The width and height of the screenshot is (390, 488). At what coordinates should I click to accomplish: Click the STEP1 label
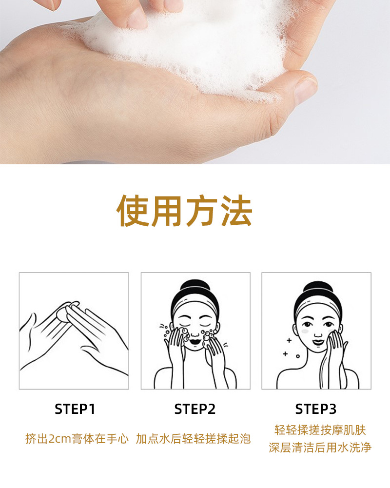pos(75,409)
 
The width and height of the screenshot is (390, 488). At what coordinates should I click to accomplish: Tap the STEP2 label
pos(195,409)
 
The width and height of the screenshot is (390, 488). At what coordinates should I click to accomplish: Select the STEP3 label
pos(315,409)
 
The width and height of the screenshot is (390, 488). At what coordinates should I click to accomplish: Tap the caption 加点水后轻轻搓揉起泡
pos(193,439)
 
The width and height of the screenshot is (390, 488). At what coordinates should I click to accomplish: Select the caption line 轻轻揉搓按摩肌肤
pos(320,430)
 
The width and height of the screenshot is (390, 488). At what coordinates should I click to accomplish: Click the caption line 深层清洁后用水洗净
pos(320,448)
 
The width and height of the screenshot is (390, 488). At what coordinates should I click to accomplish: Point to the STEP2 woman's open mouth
pos(195,341)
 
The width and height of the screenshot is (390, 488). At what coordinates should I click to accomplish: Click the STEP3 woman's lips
pos(318,342)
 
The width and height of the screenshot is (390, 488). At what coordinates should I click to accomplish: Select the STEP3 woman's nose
pos(318,333)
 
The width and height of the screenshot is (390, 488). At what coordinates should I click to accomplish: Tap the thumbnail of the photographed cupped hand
pos(306,90)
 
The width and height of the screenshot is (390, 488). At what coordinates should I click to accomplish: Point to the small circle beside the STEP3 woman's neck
pos(298,356)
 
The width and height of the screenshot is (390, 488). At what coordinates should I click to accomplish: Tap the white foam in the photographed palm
pos(193,47)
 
